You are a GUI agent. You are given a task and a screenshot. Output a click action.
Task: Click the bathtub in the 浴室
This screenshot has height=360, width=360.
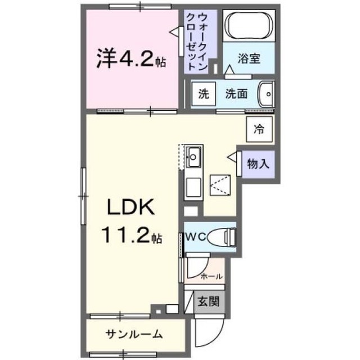coord(249,25)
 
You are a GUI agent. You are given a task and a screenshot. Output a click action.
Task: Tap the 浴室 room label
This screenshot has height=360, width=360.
coord(249,58)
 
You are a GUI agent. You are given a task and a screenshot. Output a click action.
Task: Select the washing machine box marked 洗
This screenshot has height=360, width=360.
coord(204,94)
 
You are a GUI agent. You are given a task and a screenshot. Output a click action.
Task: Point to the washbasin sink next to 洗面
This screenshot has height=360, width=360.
coord(266,94)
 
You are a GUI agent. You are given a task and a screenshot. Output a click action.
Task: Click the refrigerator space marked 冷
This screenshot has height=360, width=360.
coord(259,129)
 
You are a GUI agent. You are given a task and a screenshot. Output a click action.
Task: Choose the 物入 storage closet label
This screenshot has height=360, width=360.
coord(258,164)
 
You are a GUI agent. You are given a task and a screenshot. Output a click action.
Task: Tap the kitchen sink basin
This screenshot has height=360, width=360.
coord(193,157)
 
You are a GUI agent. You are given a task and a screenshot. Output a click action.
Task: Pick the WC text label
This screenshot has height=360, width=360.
coord(196,237)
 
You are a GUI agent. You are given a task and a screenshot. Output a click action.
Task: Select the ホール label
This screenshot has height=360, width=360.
coord(211,276)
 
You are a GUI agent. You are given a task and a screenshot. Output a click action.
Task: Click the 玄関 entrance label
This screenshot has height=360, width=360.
coord(209,301)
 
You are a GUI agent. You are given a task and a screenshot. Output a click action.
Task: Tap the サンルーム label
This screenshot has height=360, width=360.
coord(134,334)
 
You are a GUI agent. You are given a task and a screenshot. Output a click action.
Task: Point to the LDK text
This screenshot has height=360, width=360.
coord(131,207)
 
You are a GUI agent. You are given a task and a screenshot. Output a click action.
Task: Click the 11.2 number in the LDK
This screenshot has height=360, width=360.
coord(125,235)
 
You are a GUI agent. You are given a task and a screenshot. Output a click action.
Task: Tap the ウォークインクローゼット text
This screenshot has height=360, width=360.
coord(197,42)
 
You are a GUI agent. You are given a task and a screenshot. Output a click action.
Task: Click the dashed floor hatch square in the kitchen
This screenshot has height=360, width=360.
coord(220,185)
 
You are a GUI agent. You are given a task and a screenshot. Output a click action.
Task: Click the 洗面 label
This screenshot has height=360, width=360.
coord(236,94)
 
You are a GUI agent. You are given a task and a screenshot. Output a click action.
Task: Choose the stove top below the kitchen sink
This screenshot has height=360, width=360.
coord(193,187)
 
